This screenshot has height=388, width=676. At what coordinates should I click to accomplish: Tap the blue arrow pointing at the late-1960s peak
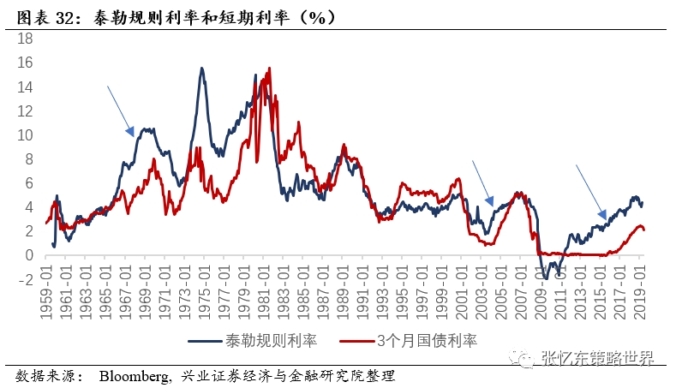(x=121, y=110)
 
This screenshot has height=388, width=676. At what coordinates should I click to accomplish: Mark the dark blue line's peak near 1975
(x=201, y=69)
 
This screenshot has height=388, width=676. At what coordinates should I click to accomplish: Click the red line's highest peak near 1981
(x=270, y=69)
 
